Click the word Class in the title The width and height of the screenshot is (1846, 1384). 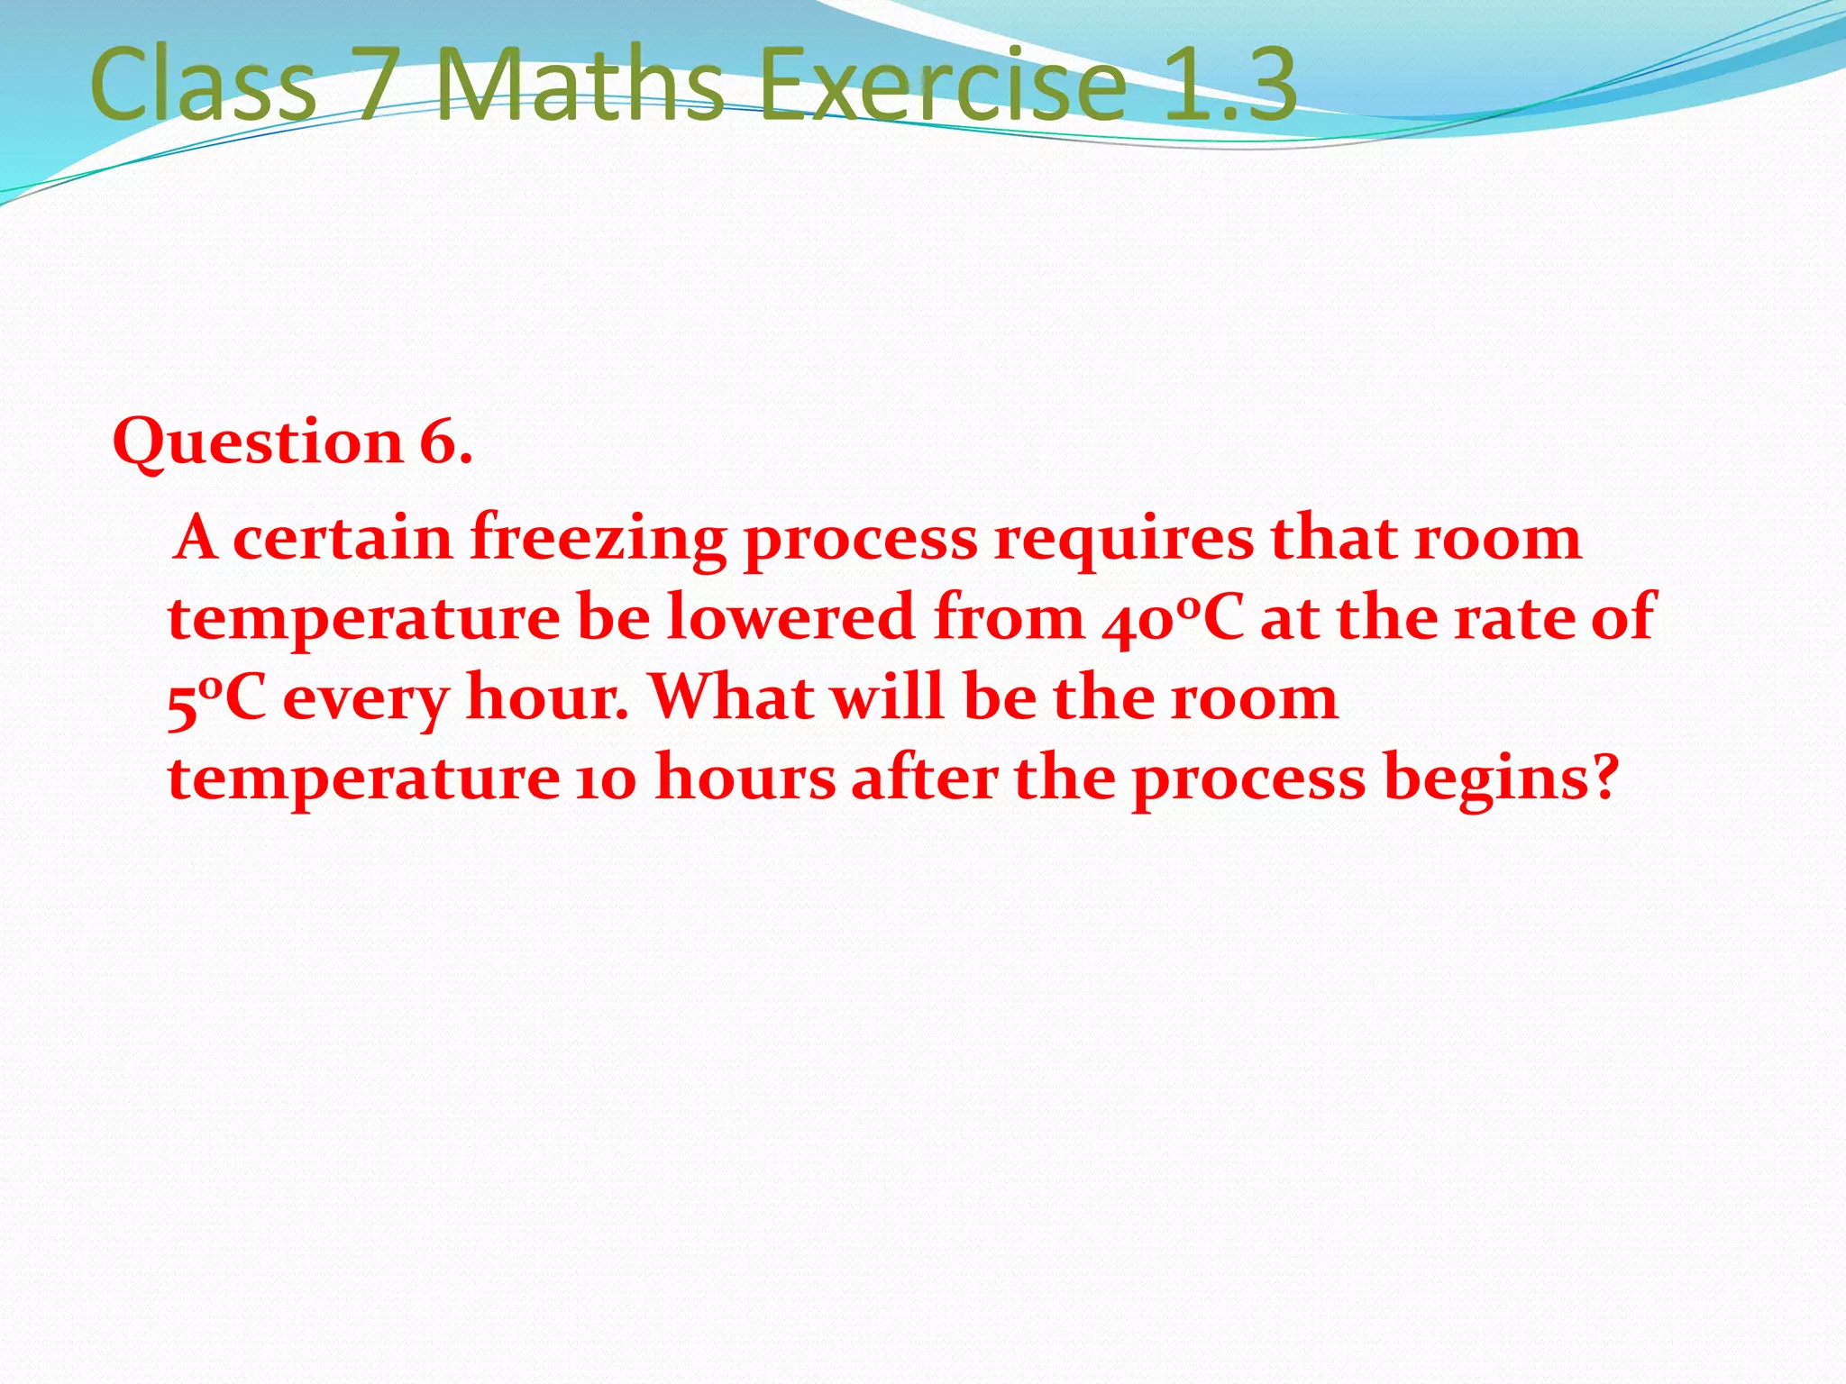pyautogui.click(x=203, y=85)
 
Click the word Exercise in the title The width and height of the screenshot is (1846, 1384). pyautogui.click(x=942, y=85)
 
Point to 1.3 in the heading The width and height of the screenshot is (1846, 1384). pyautogui.click(x=1229, y=85)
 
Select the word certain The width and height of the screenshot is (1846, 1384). pyautogui.click(x=343, y=539)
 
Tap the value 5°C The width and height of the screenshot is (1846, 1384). pyautogui.click(x=217, y=699)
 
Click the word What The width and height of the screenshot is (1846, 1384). pyautogui.click(x=731, y=697)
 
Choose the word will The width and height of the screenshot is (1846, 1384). pyautogui.click(x=887, y=697)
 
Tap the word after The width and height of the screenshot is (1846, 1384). pyautogui.click(x=924, y=777)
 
